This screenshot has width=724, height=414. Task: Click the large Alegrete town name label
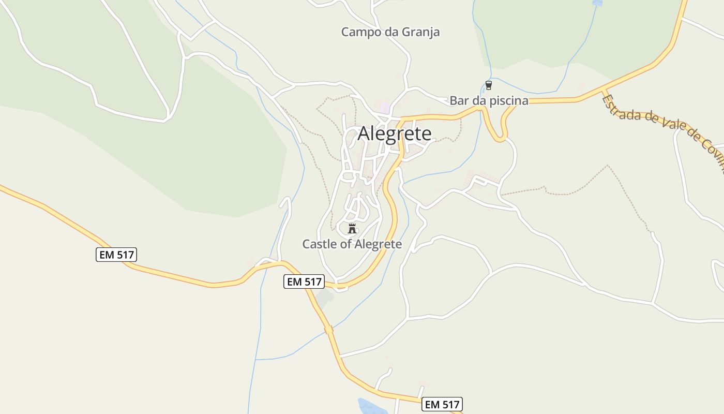[395, 134]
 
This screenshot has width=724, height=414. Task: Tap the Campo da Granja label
[390, 32]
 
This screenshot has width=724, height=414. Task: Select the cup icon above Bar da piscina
[488, 85]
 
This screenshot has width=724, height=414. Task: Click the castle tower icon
[352, 228]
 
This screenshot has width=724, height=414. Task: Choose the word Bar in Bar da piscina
[458, 100]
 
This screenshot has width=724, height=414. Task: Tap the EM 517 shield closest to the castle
[304, 282]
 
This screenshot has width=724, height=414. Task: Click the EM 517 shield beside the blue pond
[442, 404]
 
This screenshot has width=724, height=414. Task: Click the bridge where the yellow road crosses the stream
[329, 329]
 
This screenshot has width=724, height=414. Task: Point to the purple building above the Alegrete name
[384, 108]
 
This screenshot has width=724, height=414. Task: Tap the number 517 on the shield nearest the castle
[312, 282]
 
